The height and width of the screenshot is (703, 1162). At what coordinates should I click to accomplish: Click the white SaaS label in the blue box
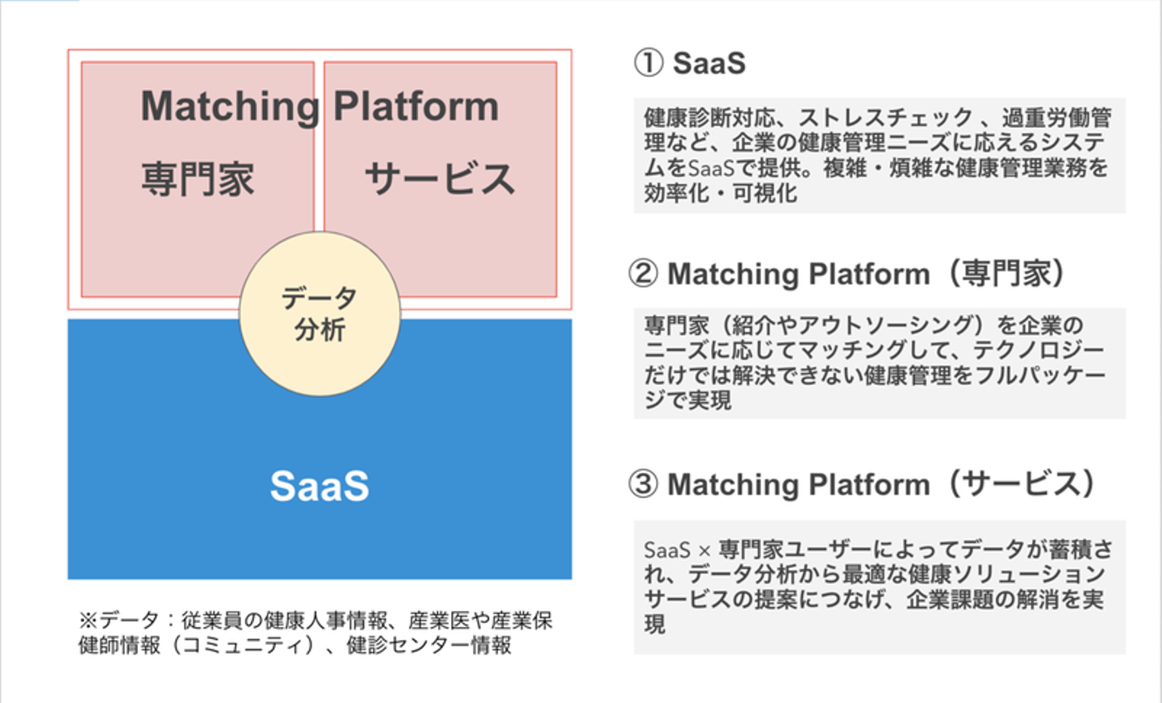320,486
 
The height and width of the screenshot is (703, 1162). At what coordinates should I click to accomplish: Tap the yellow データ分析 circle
320,314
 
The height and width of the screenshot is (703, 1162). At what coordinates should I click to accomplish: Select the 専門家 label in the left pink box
198,179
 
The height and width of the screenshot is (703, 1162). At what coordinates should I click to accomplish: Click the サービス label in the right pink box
440,179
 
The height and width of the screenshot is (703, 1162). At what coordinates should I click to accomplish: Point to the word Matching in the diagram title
230,107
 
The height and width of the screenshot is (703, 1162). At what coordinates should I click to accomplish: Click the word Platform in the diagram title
416,107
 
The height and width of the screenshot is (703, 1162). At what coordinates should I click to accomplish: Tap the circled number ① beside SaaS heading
648,63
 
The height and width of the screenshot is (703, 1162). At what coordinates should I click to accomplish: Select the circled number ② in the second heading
643,274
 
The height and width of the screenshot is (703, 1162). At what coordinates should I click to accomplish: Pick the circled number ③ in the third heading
643,484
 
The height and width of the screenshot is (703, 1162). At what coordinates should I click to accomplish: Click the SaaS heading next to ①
709,63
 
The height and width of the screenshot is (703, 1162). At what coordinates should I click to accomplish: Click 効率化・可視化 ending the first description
720,194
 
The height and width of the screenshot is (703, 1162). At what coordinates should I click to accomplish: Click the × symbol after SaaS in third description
704,551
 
